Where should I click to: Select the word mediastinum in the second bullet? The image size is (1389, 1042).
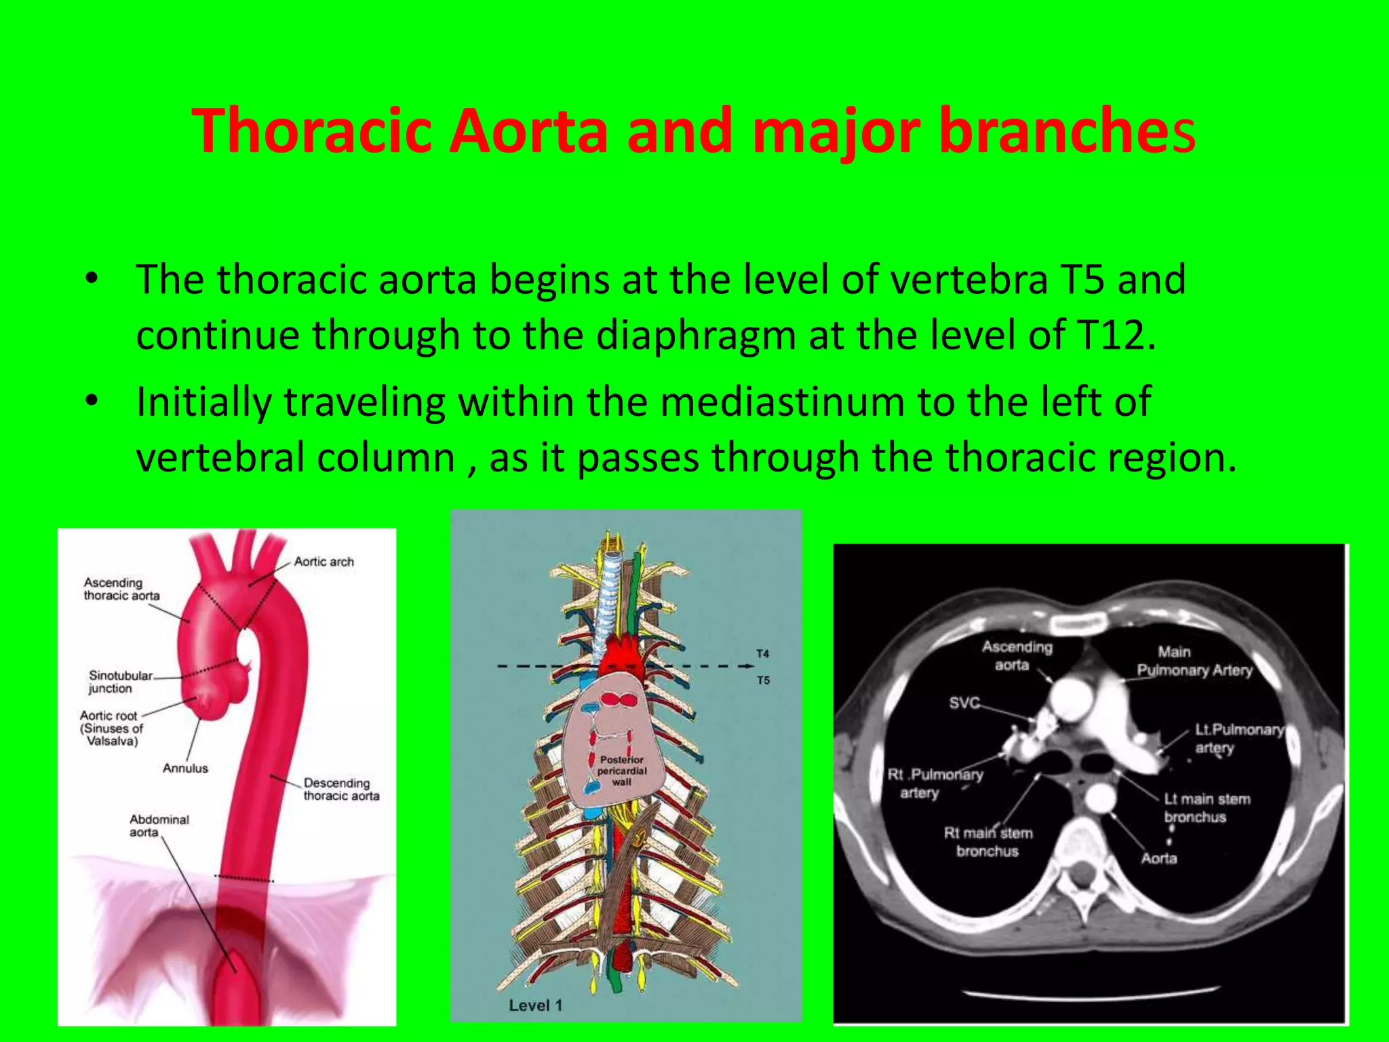coord(782,402)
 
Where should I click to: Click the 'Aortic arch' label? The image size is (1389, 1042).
coord(324,562)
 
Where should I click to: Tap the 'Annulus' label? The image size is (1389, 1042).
coord(185,768)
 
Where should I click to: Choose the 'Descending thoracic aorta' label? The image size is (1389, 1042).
coord(340,789)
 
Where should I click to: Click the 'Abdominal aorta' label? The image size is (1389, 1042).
coord(158,826)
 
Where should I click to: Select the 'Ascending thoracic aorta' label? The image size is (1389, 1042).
coord(121,589)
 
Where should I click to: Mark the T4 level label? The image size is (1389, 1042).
coord(763,653)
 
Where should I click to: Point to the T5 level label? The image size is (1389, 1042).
coord(763,680)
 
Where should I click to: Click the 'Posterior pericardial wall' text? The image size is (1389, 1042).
coord(621,771)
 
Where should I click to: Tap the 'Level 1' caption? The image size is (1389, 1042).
coord(535,1005)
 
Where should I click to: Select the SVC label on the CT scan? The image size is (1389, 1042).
coord(964,703)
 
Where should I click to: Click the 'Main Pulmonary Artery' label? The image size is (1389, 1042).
coord(1193,661)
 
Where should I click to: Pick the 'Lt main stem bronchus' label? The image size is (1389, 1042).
coord(1207,807)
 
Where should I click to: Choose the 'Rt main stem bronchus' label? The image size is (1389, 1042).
coord(987,842)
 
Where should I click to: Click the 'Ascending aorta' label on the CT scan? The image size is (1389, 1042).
coord(1016,656)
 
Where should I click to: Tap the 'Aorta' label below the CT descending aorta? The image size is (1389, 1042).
coord(1158,858)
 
